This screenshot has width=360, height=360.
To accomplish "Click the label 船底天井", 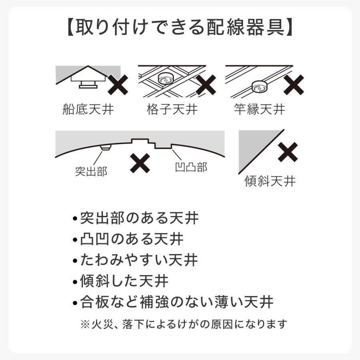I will (88, 109).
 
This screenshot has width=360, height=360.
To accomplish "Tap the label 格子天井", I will (172, 109).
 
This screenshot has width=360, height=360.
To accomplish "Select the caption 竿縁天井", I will (260, 109).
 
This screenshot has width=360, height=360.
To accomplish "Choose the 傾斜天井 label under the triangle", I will (270, 181).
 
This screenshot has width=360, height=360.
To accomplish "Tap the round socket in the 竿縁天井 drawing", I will (259, 85).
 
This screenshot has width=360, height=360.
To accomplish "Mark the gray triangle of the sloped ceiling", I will (250, 148).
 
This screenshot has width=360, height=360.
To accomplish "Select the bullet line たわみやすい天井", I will (135, 260).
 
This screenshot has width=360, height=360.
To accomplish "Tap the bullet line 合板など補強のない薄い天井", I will (173, 302).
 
